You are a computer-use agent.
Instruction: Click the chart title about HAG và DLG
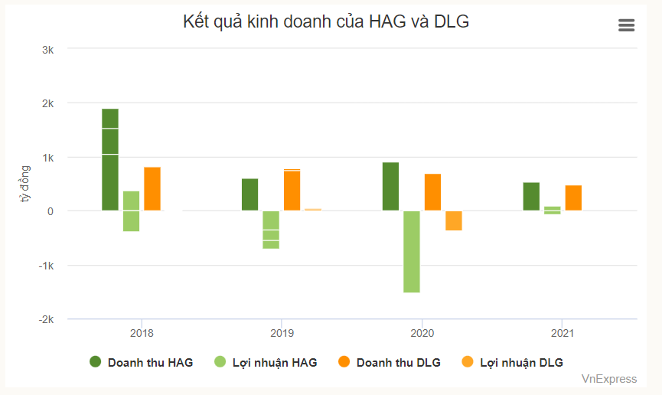click(x=326, y=22)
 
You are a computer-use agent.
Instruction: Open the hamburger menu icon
click(x=626, y=25)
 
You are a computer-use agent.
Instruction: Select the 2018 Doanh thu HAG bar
click(x=110, y=159)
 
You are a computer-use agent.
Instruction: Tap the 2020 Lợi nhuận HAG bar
click(x=412, y=251)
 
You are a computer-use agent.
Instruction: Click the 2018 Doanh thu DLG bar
click(x=152, y=188)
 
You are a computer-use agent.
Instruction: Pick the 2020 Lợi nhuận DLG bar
click(x=454, y=220)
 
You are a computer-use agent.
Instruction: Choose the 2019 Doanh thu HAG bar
click(x=250, y=194)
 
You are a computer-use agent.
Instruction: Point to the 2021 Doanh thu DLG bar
click(x=573, y=197)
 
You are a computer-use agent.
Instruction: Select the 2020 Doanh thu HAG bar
click(x=390, y=186)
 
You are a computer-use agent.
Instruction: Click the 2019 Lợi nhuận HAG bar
click(x=271, y=229)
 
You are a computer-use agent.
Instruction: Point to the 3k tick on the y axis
click(x=47, y=49)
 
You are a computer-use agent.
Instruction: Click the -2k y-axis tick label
click(x=45, y=319)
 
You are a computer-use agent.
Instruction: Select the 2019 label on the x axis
click(x=282, y=333)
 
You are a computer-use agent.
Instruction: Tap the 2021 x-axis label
click(x=563, y=333)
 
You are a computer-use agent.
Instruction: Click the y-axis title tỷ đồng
click(x=24, y=184)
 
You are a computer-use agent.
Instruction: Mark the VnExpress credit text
click(x=608, y=378)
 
